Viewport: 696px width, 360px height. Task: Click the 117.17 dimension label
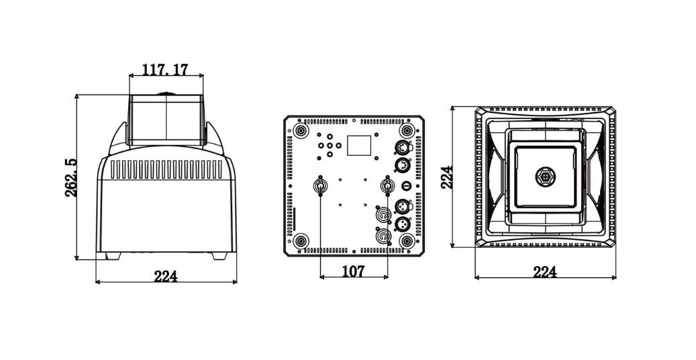[x=165, y=70]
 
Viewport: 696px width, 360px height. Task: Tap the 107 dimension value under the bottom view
[x=353, y=271]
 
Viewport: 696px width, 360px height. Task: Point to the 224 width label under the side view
[x=166, y=277]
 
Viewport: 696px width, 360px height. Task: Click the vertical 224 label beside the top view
[x=448, y=177]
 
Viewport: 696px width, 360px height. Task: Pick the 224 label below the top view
[x=544, y=272]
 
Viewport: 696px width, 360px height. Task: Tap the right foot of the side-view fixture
[x=219, y=256]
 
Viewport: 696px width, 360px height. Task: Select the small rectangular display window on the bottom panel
[x=358, y=145]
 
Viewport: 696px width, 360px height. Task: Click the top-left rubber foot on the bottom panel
[x=301, y=131]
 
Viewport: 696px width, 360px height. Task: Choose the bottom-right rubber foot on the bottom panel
[x=406, y=241]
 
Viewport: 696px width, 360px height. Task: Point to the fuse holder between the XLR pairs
[x=406, y=185]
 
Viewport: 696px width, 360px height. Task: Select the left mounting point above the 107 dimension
[x=319, y=185]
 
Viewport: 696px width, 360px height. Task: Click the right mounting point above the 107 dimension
[x=387, y=185]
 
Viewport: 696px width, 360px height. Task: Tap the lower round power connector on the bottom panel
[x=383, y=236]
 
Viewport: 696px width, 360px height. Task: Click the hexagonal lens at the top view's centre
[x=545, y=177]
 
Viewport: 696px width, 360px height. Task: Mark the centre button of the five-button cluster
[x=330, y=145]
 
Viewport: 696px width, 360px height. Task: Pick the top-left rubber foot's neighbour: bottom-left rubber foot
[x=301, y=241]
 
